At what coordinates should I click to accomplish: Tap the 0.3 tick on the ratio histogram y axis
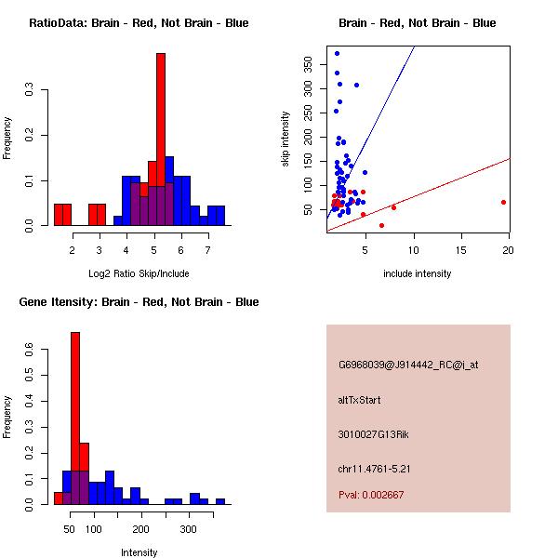30,91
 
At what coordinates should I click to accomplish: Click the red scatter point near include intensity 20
503,202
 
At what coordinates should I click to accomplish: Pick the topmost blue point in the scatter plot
337,53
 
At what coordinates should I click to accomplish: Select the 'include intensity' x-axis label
418,273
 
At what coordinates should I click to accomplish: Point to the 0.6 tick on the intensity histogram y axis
30,349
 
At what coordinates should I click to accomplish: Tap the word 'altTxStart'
359,400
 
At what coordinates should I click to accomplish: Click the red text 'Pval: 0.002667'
370,495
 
